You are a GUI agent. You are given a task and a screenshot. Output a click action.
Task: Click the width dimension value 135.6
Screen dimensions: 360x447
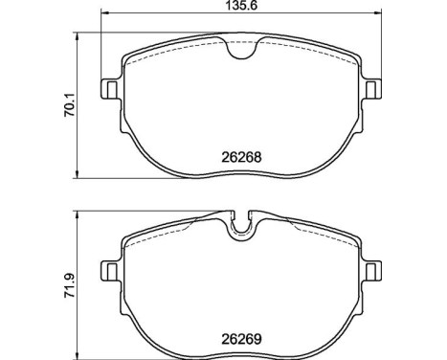click(x=238, y=6)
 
